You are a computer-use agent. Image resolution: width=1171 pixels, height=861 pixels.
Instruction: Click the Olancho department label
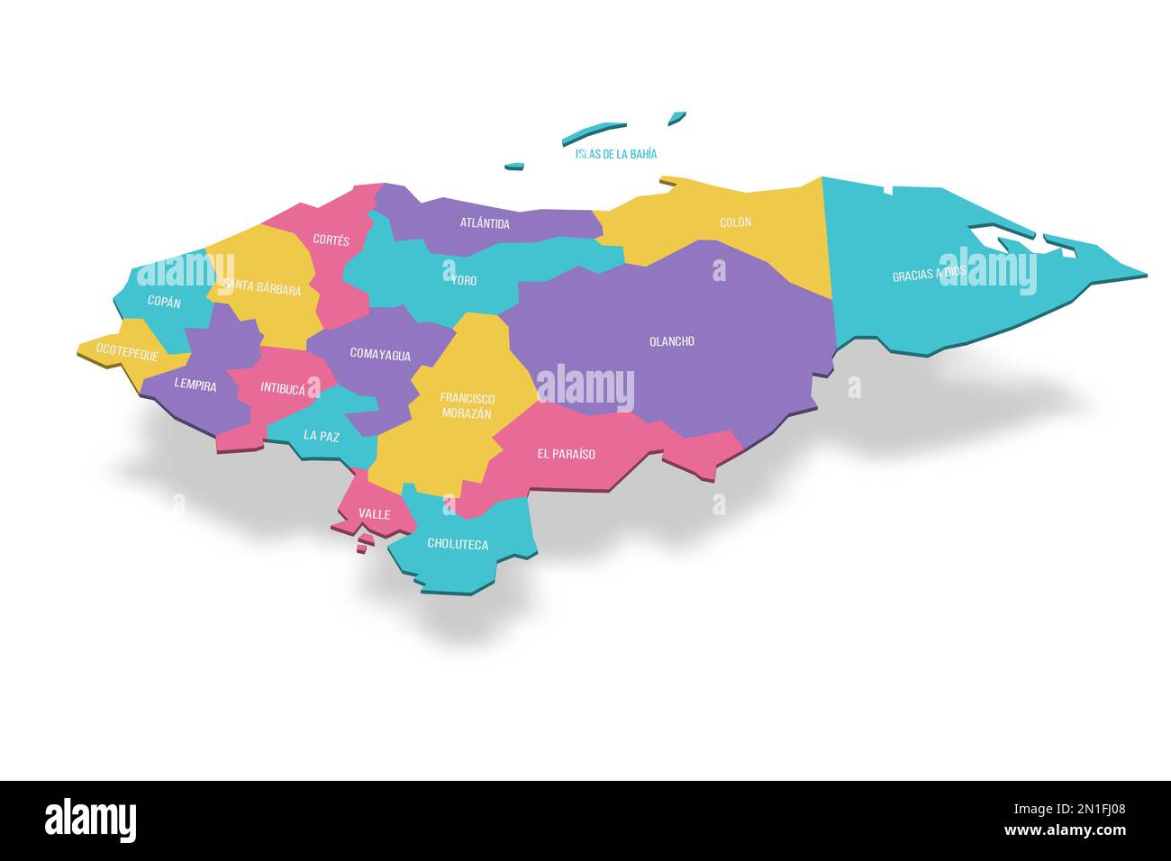point(672,341)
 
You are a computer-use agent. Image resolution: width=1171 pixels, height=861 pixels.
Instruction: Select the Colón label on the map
point(735,222)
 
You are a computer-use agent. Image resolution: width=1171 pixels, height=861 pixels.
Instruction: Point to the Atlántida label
point(485,222)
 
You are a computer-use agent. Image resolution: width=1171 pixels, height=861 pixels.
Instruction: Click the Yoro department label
point(464,280)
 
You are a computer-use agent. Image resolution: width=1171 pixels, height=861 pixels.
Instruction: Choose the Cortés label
point(331,240)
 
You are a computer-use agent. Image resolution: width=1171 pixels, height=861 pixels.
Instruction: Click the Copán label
point(164,303)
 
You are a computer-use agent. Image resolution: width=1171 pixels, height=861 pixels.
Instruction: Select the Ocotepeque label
point(127,355)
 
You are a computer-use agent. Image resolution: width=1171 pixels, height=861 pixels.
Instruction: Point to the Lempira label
point(195,385)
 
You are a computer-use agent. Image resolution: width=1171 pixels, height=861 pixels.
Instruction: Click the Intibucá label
point(283,388)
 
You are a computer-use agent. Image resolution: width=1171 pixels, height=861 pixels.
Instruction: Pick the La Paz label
point(322,436)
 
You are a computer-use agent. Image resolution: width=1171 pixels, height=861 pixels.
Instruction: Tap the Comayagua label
point(380,355)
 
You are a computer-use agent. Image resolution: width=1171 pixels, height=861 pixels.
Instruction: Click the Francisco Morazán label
point(466,405)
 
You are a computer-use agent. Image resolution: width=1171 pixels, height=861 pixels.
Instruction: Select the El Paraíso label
point(566,454)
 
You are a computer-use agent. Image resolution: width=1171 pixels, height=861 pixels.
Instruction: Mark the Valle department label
point(374,514)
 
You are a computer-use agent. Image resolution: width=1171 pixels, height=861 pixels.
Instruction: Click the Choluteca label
point(458,544)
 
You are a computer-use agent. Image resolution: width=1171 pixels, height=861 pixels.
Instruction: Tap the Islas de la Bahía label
point(616,154)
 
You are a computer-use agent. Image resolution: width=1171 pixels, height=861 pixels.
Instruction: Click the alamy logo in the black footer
point(91,820)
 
